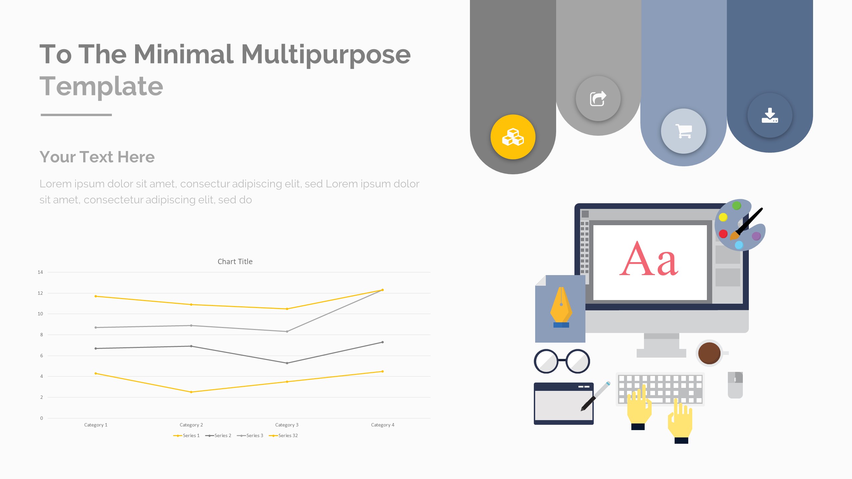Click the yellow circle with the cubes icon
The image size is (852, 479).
pyautogui.click(x=513, y=137)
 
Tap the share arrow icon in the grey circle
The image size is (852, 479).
pyautogui.click(x=598, y=98)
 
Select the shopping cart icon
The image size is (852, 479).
pyautogui.click(x=684, y=131)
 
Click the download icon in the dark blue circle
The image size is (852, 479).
pyautogui.click(x=770, y=115)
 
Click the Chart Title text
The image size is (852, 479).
pyautogui.click(x=235, y=261)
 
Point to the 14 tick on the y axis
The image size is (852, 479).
pyautogui.click(x=40, y=272)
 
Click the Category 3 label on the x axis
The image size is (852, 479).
pyautogui.click(x=287, y=425)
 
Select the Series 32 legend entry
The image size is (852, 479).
pyautogui.click(x=283, y=435)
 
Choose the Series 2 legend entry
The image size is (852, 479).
pyautogui.click(x=218, y=435)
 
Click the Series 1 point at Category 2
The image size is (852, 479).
pyautogui.click(x=191, y=392)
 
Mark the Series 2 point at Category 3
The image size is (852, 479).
pyautogui.click(x=287, y=363)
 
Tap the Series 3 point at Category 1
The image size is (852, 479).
pyautogui.click(x=96, y=327)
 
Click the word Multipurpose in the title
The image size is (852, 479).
pyautogui.click(x=326, y=55)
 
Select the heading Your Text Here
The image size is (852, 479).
pyautogui.click(x=97, y=157)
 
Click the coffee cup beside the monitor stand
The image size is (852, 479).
pyautogui.click(x=710, y=353)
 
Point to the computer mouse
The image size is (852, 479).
pyautogui.click(x=735, y=385)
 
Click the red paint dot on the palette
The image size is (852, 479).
pyautogui.click(x=723, y=234)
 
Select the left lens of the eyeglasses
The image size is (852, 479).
pyautogui.click(x=546, y=361)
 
